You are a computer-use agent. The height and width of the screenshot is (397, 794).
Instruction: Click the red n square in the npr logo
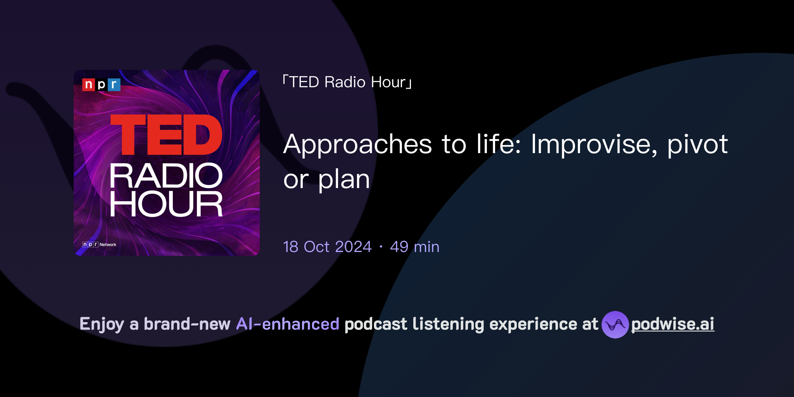(88, 85)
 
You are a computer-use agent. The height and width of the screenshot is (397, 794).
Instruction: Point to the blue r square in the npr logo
(114, 85)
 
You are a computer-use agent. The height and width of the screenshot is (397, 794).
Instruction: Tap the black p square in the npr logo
(101, 85)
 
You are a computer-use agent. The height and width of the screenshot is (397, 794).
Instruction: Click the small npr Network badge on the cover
(99, 245)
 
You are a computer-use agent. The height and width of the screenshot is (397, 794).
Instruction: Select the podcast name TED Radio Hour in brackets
(347, 82)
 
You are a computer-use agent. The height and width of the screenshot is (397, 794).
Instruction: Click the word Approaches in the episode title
(357, 144)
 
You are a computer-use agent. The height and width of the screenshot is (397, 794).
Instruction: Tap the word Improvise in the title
(594, 144)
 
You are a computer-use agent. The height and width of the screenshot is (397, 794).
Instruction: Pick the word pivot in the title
(697, 144)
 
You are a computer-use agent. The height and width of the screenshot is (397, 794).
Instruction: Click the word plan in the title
(344, 180)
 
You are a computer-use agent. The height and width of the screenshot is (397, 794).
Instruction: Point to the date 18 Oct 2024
(327, 247)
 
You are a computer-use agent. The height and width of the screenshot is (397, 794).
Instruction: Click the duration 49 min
(414, 247)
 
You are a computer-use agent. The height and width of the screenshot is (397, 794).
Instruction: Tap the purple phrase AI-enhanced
(288, 324)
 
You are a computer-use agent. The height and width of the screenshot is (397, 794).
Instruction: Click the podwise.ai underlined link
(672, 324)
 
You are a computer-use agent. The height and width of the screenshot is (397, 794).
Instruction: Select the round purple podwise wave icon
(615, 325)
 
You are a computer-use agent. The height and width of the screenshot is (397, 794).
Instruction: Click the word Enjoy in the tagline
(102, 324)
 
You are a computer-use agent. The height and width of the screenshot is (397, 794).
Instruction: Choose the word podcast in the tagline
(376, 324)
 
